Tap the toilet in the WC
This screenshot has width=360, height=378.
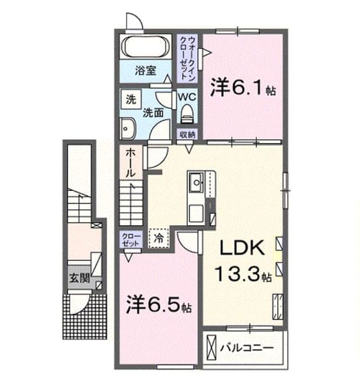tap(187, 113)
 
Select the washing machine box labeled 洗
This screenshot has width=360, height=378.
tap(131, 99)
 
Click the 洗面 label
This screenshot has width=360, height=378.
tap(153, 113)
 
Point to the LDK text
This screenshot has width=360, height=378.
tap(242, 247)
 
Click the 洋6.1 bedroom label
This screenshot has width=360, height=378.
tap(243, 88)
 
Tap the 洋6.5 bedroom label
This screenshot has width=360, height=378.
tap(159, 305)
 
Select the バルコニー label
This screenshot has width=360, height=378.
tap(247, 348)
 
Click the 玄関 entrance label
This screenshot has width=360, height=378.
tap(80, 278)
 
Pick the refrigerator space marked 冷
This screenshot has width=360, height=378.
tap(159, 238)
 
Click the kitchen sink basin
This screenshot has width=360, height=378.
tap(197, 183)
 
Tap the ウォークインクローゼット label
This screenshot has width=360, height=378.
tap(188, 58)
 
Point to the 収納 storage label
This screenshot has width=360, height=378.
tap(188, 135)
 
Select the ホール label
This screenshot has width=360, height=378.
tap(130, 162)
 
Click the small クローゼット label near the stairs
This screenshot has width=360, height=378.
tap(131, 240)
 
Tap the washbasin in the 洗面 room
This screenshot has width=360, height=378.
tap(127, 129)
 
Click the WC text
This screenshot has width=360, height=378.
tap(187, 97)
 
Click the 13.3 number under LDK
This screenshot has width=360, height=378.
tap(238, 273)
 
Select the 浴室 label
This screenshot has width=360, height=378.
tap(145, 70)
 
